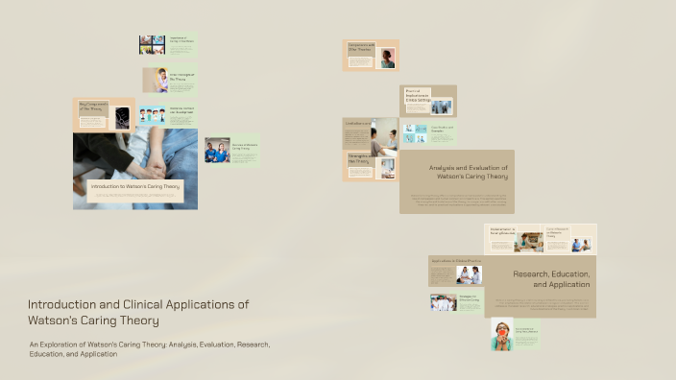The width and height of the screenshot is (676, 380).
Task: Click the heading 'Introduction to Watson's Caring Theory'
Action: click(134, 186)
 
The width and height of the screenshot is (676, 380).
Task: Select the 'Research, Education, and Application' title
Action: click(551, 279)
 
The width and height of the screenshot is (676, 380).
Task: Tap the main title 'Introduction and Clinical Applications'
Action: click(138, 304)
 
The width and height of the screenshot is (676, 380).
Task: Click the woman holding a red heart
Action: click(502, 334)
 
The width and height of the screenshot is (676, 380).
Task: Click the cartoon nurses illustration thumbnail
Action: click(152, 115)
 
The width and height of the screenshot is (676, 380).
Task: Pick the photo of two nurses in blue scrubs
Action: click(217, 151)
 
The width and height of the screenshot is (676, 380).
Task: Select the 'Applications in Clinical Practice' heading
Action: click(453, 262)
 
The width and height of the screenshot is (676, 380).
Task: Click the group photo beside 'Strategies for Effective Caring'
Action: click(444, 302)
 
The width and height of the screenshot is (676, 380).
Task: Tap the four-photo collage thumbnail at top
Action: click(152, 44)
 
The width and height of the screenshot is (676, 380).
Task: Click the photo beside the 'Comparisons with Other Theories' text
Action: click(387, 59)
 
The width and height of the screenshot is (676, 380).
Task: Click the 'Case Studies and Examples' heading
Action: click(441, 128)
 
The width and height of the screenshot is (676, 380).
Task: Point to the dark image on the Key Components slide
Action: click(123, 118)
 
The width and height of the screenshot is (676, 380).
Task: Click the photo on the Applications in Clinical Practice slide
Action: click(470, 275)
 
